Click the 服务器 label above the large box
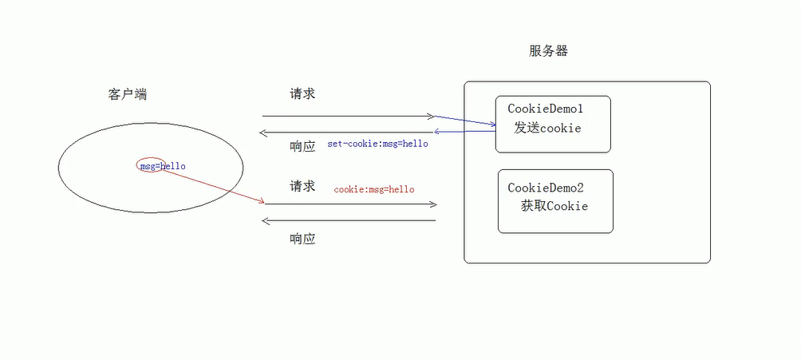click(x=548, y=51)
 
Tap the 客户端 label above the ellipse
click(x=128, y=94)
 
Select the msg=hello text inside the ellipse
click(x=163, y=166)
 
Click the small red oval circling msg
click(x=148, y=166)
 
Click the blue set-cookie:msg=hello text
click(x=377, y=144)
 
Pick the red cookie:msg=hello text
click(x=374, y=189)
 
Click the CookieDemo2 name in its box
click(x=546, y=188)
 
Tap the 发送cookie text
click(x=547, y=128)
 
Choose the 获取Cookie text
click(x=554, y=206)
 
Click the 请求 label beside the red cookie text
click(x=303, y=186)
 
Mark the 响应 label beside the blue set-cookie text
click(x=303, y=146)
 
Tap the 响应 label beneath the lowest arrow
click(x=302, y=238)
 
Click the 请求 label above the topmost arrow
click(x=303, y=93)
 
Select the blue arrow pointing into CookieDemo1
click(x=466, y=121)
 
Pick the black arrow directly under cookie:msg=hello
click(x=351, y=204)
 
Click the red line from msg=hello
click(x=211, y=185)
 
